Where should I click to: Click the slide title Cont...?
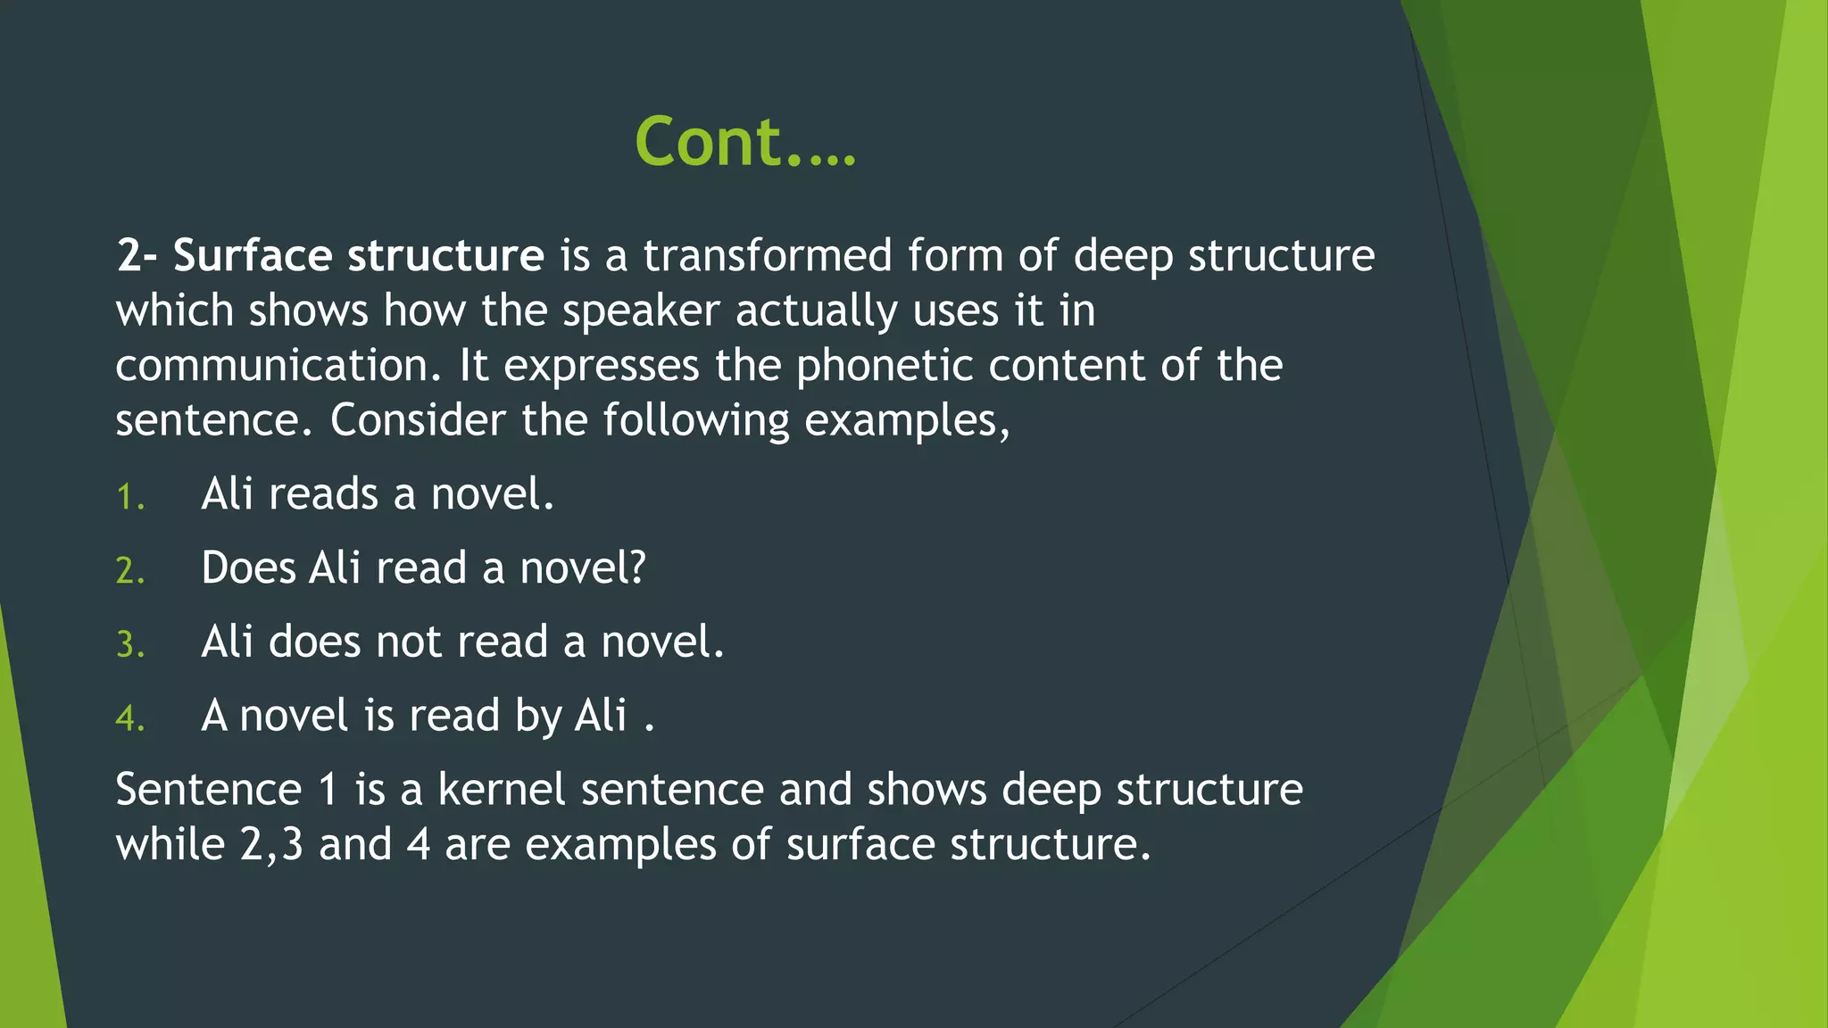click(x=744, y=142)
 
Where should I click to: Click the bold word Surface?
click(x=252, y=256)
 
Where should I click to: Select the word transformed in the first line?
click(x=767, y=256)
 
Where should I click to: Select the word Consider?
click(x=417, y=420)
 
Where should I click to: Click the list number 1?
click(x=130, y=497)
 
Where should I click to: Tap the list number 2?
click(x=130, y=571)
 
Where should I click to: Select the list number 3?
click(x=130, y=645)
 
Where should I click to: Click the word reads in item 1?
click(x=323, y=494)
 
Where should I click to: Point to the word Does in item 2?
click(x=247, y=568)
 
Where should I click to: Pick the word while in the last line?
click(x=170, y=845)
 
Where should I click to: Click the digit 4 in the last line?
click(x=419, y=845)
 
